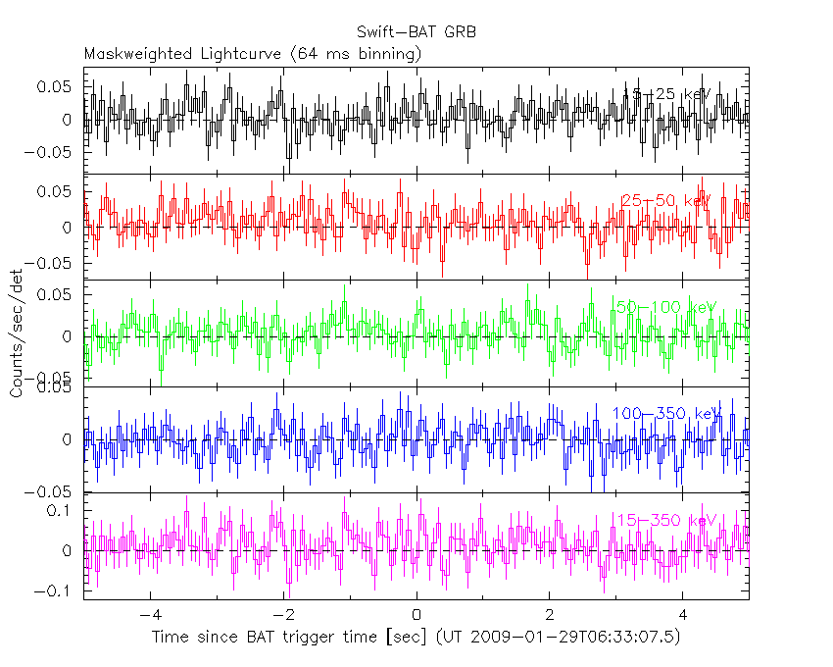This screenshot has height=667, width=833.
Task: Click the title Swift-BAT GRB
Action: [416, 32]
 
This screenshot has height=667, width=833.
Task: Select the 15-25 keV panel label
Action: [665, 94]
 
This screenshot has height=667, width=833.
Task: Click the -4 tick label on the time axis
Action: [148, 616]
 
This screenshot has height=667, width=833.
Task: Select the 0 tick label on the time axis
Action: [416, 616]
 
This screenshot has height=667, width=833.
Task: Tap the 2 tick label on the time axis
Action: [550, 616]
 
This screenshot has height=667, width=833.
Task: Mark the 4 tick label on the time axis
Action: [683, 616]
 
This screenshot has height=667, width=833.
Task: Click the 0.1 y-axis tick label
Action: [61, 510]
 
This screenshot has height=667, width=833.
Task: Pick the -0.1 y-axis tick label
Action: [55, 590]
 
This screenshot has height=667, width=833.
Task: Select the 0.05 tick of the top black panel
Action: [56, 86]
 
